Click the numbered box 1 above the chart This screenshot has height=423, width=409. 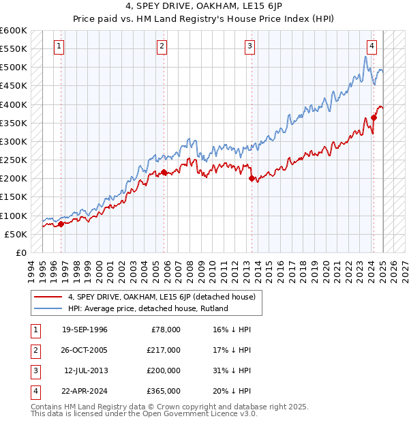click(x=59, y=46)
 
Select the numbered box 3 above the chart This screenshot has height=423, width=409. click(x=250, y=46)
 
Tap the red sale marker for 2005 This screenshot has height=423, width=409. click(x=164, y=173)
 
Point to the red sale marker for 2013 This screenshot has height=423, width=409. click(x=252, y=179)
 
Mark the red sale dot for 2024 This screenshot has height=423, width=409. click(x=374, y=117)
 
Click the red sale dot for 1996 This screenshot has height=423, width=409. click(x=61, y=224)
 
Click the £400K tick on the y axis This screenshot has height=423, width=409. click(x=13, y=104)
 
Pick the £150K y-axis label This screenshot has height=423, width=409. click(x=13, y=197)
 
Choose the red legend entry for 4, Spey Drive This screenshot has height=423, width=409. click(x=162, y=297)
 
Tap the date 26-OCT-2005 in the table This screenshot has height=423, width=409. click(x=85, y=350)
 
